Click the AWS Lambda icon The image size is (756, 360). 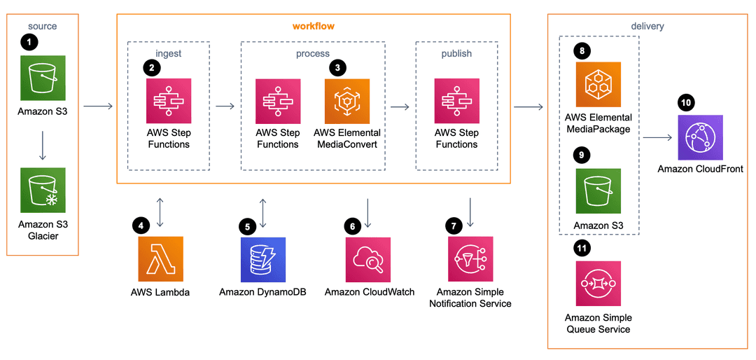[160, 258]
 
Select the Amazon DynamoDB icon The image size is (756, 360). [262, 258]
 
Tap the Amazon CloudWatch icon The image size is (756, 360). [368, 258]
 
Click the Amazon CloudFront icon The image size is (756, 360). [700, 137]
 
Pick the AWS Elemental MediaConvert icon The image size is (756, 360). [347, 101]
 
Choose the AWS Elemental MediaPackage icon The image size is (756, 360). [598, 85]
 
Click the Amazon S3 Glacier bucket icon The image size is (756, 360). [43, 190]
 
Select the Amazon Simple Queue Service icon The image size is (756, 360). [598, 284]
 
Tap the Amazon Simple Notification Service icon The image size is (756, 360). [470, 258]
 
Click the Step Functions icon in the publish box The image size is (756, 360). [456, 101]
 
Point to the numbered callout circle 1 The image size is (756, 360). [29, 42]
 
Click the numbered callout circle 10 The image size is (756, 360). [686, 103]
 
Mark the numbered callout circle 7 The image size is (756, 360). [454, 226]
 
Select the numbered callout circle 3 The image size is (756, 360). [338, 67]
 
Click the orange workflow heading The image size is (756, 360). [313, 26]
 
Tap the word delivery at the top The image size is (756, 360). [647, 26]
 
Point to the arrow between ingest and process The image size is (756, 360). [225, 106]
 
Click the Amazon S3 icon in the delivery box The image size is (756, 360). [598, 191]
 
